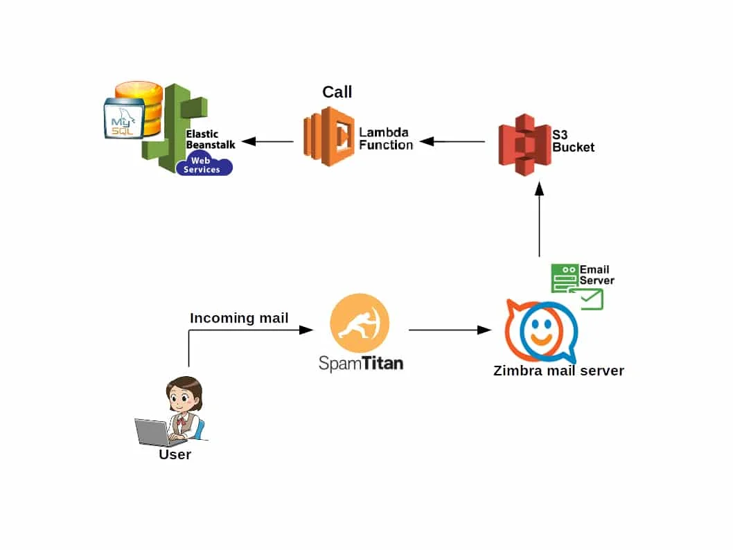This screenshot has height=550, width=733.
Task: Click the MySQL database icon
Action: (133, 110)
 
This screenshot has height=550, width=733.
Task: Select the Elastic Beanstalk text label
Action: (211, 139)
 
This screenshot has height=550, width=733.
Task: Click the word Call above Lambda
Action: (337, 92)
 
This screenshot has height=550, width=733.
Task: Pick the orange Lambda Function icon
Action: (328, 136)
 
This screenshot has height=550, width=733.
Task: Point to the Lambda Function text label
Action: (386, 139)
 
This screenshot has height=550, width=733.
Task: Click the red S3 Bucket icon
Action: (524, 145)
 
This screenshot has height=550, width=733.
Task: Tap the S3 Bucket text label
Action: (573, 141)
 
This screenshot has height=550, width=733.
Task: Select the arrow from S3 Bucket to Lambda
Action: (452, 141)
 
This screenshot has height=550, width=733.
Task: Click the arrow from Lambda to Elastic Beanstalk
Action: (267, 141)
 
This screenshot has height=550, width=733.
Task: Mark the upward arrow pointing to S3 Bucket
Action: (540, 219)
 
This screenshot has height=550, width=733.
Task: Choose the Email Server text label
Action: (597, 275)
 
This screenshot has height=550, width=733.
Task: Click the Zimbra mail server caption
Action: (558, 371)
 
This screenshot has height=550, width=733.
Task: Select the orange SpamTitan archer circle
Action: (360, 323)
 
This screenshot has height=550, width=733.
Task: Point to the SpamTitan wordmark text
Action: (361, 363)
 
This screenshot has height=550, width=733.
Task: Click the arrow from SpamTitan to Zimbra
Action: (450, 330)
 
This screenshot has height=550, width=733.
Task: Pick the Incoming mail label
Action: (239, 318)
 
